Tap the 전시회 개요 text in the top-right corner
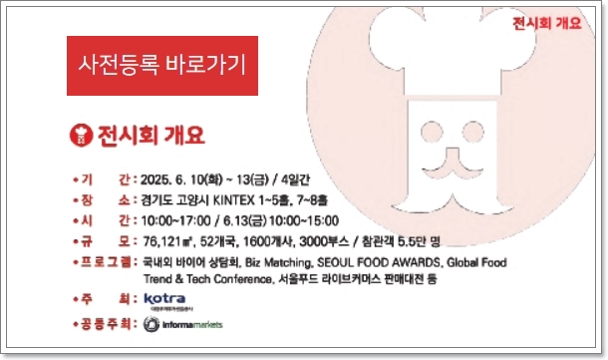click(x=546, y=23)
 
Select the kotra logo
click(x=165, y=299)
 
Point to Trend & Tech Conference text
click(x=207, y=278)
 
